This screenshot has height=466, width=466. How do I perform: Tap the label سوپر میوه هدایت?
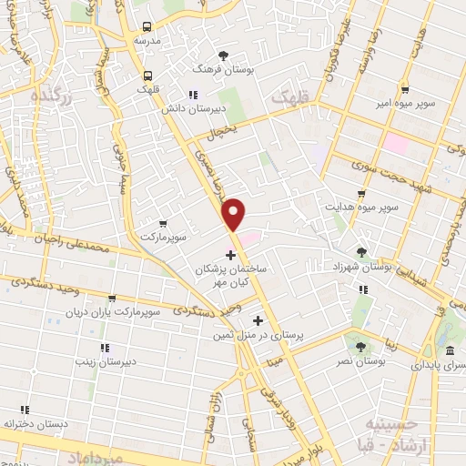pos(363,208)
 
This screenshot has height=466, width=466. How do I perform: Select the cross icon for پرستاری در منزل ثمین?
pos(258,320)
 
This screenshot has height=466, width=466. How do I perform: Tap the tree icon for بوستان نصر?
pos(360,347)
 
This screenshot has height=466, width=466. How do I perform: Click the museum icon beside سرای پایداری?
pos(450,351)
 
